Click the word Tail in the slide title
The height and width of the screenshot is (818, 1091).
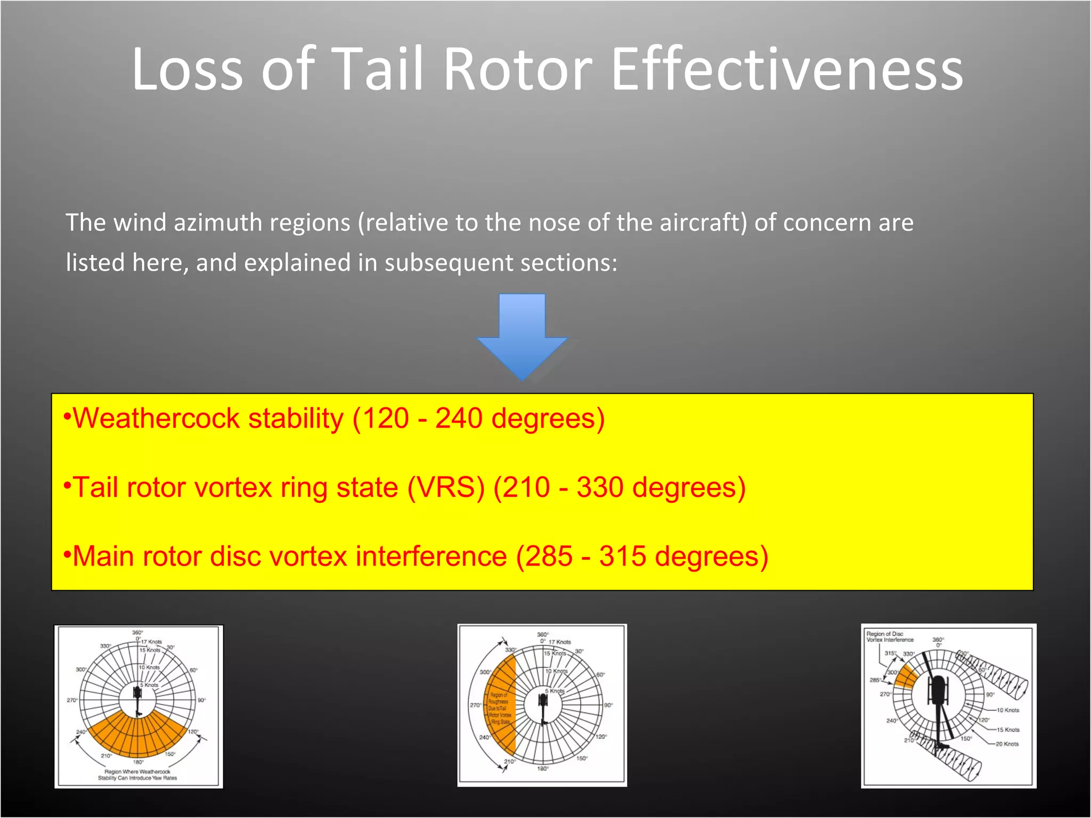click(379, 69)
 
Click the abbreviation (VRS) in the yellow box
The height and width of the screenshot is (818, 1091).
click(446, 488)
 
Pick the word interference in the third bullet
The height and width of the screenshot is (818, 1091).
click(431, 557)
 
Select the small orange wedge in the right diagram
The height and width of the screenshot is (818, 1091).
click(906, 677)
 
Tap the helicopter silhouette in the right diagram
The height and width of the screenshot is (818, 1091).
click(938, 692)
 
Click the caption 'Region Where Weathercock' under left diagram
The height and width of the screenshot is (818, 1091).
click(137, 771)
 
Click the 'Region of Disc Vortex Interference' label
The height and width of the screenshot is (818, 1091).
click(890, 637)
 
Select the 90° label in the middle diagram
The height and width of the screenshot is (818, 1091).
click(608, 705)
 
